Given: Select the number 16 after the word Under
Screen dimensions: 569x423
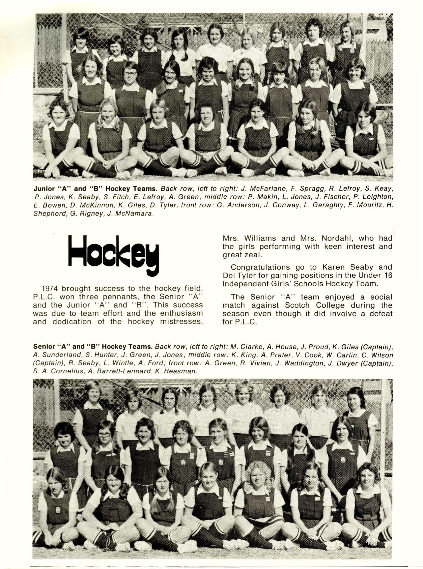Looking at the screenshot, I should coord(387,275).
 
